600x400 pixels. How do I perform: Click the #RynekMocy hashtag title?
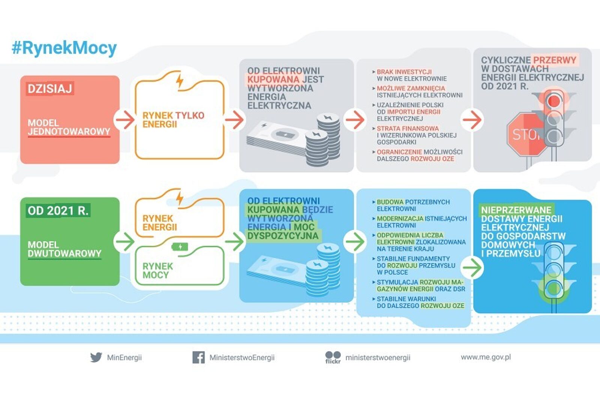[x=64, y=48]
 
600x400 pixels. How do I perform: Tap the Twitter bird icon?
[x=96, y=357]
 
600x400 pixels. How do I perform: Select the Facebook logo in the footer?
[x=198, y=357]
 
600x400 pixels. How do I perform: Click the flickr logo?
[x=333, y=357]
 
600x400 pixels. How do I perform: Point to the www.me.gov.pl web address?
[x=486, y=357]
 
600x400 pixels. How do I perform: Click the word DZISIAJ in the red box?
[x=49, y=89]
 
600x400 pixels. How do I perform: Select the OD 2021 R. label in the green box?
[x=58, y=211]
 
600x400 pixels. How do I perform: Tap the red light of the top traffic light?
[x=553, y=101]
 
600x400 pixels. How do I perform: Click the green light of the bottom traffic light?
[x=553, y=288]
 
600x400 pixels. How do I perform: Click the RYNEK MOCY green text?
[x=157, y=271]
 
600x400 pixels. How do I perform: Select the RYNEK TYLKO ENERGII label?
[x=173, y=120]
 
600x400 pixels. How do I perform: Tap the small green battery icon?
[x=180, y=247]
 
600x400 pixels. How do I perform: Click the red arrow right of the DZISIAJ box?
[x=124, y=120]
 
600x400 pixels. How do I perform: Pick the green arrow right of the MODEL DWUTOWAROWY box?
[x=124, y=241]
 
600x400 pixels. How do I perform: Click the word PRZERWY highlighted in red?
[x=554, y=60]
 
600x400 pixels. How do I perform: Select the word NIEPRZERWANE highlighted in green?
[x=516, y=210]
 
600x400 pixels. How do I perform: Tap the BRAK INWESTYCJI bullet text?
[x=404, y=72]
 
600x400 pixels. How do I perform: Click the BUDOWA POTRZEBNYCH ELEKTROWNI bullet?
[x=413, y=205]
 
